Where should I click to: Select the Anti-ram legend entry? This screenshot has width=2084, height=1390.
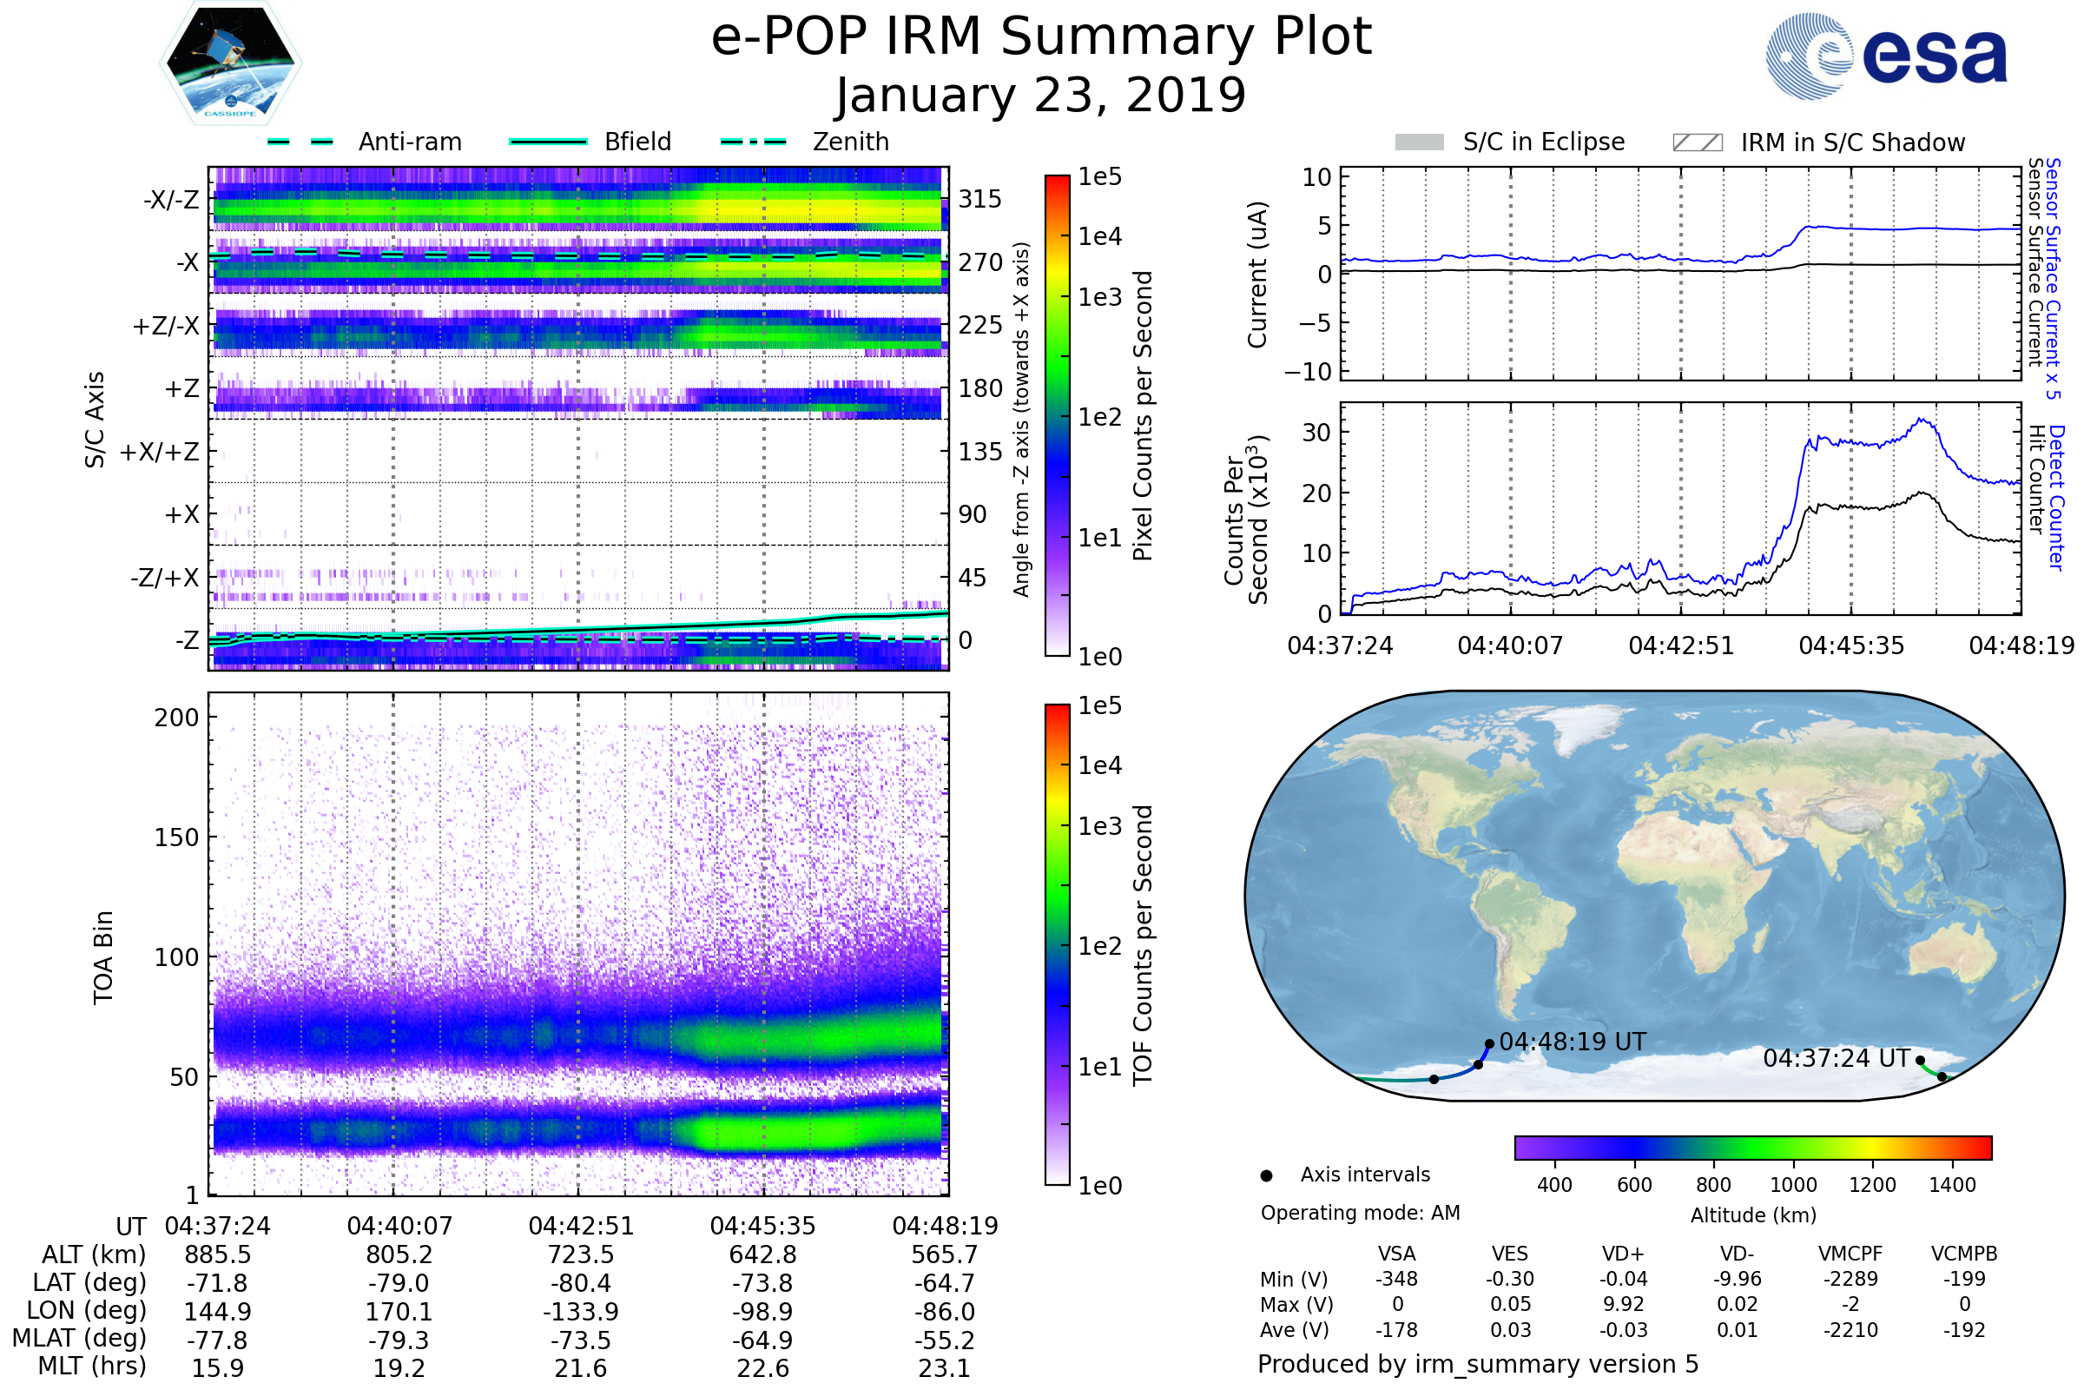pos(409,142)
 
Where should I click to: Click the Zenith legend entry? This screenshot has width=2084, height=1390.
pos(850,142)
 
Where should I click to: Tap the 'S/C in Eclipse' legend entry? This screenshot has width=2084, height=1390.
pos(1543,142)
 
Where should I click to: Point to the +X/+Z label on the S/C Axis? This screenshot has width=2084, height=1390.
pos(160,452)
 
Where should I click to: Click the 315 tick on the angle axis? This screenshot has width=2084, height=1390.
pos(979,199)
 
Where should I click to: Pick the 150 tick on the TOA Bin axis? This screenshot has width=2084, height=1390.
pos(176,837)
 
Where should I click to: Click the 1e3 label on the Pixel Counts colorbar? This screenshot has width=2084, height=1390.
pos(1099,297)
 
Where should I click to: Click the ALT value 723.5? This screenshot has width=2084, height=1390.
pos(580,1255)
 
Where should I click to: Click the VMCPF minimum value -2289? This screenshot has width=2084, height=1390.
pos(1850,1279)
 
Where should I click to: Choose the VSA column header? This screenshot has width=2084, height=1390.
pos(1396,1254)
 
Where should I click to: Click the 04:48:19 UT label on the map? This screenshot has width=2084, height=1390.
pos(1572,1042)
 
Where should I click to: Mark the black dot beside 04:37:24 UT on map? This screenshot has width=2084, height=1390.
pos(1920,1060)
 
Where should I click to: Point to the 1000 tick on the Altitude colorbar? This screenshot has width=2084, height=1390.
pos(1792,1185)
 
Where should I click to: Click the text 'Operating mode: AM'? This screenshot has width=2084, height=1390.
pos(1360,1213)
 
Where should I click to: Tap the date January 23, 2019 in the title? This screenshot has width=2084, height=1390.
pos(1040,95)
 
